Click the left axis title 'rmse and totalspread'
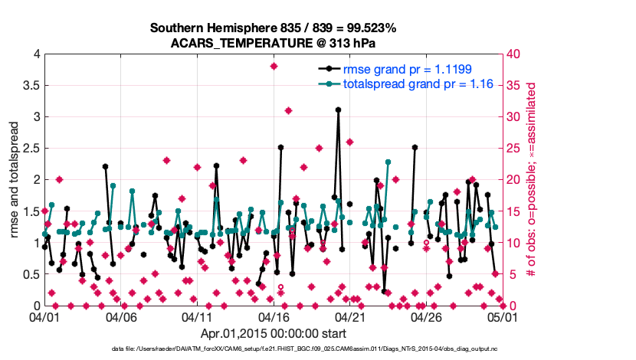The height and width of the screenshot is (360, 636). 15,180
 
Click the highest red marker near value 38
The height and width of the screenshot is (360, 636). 274,66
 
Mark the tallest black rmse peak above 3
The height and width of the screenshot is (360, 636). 338,110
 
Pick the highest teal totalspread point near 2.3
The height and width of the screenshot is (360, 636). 388,162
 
